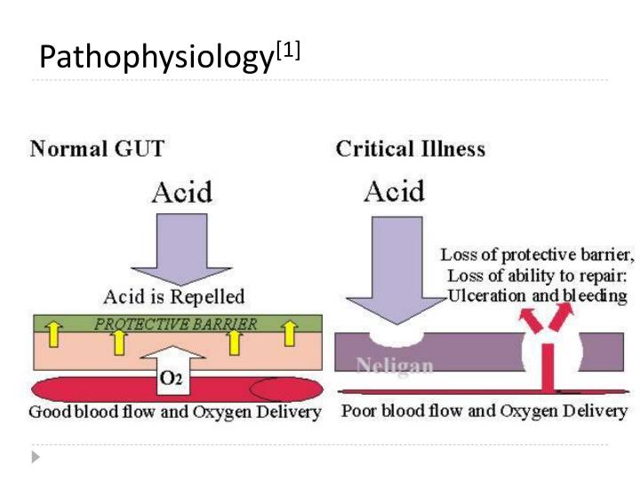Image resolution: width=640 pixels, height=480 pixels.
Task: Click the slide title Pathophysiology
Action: (156, 58)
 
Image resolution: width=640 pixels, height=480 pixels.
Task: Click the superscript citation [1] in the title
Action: (286, 51)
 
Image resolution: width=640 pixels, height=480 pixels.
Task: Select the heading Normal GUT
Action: (97, 148)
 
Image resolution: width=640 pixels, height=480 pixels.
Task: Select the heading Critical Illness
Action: (411, 148)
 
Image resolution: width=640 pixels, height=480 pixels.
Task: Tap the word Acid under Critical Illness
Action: (394, 191)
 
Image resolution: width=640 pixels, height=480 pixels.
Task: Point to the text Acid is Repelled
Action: (174, 296)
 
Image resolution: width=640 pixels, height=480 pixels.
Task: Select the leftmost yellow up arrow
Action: (52, 336)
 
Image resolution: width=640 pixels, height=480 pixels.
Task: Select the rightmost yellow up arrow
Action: (289, 334)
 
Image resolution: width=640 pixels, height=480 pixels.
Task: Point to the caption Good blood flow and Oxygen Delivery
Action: (174, 412)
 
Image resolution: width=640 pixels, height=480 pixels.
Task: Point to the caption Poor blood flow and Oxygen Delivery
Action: (484, 412)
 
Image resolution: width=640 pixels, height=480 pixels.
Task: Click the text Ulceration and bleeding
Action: (538, 296)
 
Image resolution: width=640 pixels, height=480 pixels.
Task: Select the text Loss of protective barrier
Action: (538, 256)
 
